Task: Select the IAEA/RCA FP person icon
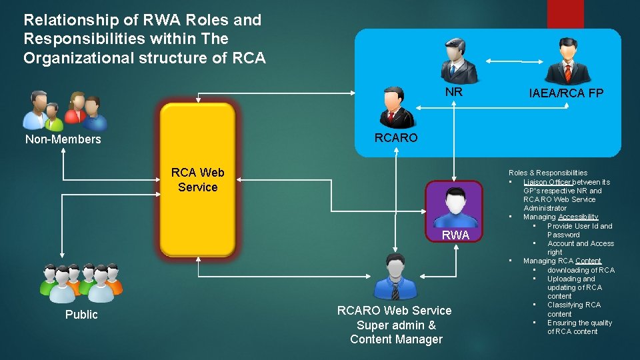click(567, 61)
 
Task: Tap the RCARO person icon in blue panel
click(398, 107)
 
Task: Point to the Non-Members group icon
click(65, 110)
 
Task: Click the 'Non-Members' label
click(63, 139)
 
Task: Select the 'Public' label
click(81, 315)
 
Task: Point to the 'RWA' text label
click(455, 235)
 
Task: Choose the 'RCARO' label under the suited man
click(396, 138)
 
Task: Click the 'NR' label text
click(453, 92)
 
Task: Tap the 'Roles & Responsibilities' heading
click(548, 173)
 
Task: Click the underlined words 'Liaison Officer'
click(547, 182)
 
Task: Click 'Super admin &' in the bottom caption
click(396, 325)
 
